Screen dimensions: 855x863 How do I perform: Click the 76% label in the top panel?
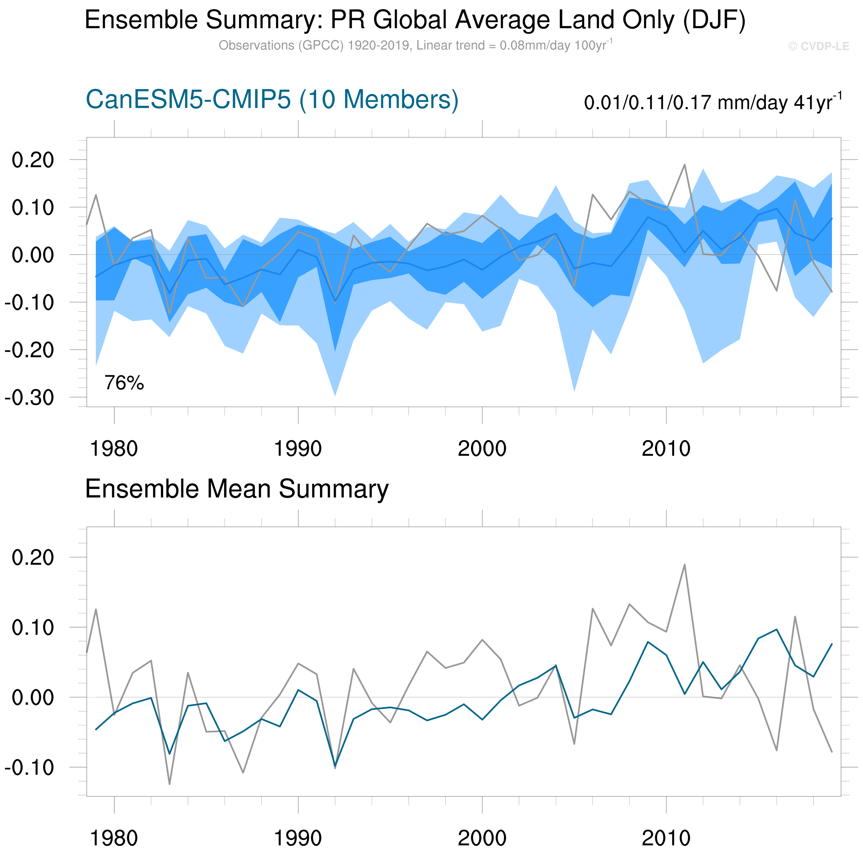[124, 383]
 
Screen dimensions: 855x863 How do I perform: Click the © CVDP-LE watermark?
[818, 46]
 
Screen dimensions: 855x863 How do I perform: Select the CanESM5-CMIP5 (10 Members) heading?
[272, 99]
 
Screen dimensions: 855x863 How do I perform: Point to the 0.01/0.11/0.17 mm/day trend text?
[713, 102]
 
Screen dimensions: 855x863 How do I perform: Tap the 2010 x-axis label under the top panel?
[666, 449]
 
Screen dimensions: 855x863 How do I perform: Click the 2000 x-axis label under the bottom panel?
[482, 839]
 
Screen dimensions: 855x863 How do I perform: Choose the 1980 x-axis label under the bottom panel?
[114, 839]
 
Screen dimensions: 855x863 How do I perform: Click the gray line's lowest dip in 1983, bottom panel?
[170, 784]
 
